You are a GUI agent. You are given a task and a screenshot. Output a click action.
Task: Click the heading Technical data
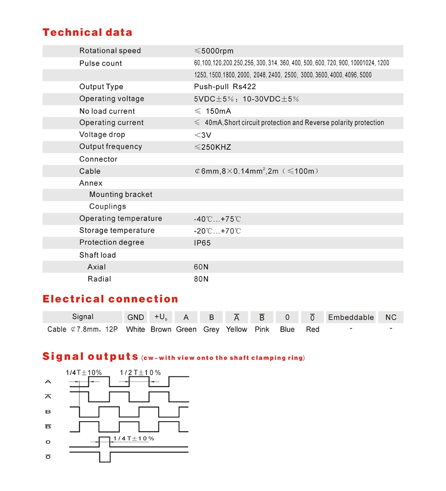pyautogui.click(x=87, y=33)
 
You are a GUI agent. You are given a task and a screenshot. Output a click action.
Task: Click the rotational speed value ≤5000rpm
pyautogui.click(x=213, y=51)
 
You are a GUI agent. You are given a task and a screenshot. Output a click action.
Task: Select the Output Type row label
pyautogui.click(x=101, y=87)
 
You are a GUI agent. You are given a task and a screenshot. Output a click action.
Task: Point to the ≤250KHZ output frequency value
pyautogui.click(x=213, y=147)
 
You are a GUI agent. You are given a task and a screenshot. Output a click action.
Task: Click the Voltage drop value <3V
pyautogui.click(x=203, y=135)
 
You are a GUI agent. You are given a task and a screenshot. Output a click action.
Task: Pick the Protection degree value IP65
pyautogui.click(x=202, y=243)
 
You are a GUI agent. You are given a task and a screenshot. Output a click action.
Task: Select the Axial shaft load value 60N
pyautogui.click(x=201, y=267)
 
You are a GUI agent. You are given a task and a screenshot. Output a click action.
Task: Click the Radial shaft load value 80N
pyautogui.click(x=201, y=279)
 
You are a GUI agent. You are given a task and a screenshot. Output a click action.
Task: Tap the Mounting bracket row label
pyautogui.click(x=121, y=195)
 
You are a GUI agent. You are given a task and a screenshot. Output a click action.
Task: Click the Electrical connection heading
pyautogui.click(x=110, y=299)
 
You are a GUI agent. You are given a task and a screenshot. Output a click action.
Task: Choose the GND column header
pyautogui.click(x=136, y=318)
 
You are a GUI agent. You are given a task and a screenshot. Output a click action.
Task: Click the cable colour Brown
pyautogui.click(x=161, y=329)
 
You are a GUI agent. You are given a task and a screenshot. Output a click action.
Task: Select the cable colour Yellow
pyautogui.click(x=237, y=329)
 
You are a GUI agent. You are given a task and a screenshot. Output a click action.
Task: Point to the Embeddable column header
pyautogui.click(x=351, y=318)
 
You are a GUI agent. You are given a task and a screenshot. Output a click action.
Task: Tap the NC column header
pyautogui.click(x=391, y=318)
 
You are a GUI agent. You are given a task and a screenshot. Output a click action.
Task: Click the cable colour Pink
pyautogui.click(x=262, y=329)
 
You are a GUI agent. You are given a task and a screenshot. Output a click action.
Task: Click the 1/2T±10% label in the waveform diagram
pyautogui.click(x=140, y=372)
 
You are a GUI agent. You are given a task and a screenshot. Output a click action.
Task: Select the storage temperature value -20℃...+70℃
pyautogui.click(x=217, y=231)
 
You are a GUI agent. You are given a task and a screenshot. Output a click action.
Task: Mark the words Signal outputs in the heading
pyautogui.click(x=90, y=356)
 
